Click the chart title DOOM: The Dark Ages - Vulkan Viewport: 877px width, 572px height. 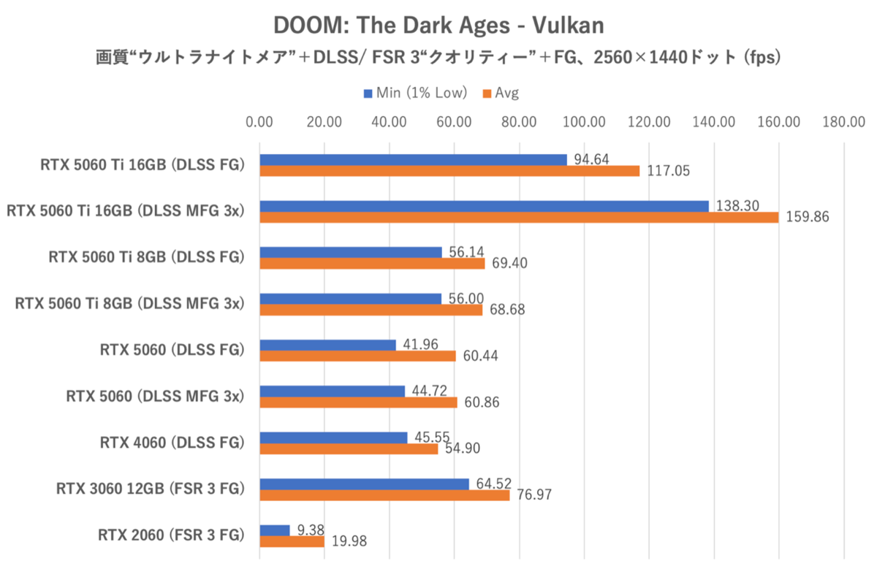(x=438, y=26)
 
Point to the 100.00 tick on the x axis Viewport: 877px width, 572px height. (x=584, y=121)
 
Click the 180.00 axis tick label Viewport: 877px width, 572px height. (x=844, y=121)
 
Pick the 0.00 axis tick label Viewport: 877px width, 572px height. (x=260, y=121)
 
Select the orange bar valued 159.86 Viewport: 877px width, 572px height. (x=519, y=217)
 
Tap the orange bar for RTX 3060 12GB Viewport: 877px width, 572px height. (x=384, y=495)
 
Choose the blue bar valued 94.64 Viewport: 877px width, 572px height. (x=413, y=159)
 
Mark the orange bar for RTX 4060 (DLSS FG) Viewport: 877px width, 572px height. (x=349, y=449)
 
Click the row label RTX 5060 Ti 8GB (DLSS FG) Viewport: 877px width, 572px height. (x=145, y=257)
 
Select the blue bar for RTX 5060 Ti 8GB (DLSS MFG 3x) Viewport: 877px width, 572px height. (x=351, y=299)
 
